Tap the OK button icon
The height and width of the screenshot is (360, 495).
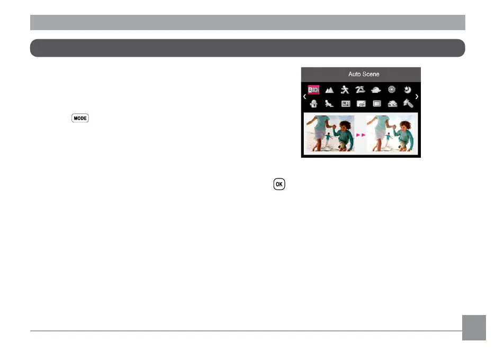pyautogui.click(x=279, y=185)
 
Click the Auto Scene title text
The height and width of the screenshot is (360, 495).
pyautogui.click(x=364, y=74)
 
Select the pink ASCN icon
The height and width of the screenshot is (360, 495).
pyautogui.click(x=313, y=91)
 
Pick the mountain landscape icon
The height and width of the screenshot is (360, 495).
pyautogui.click(x=329, y=91)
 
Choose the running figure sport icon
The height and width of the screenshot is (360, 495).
pyautogui.click(x=345, y=90)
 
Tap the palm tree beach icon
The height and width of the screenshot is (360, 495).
pyautogui.click(x=361, y=90)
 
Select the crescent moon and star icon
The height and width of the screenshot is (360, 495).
pyautogui.click(x=408, y=90)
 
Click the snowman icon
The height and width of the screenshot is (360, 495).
pyautogui.click(x=313, y=104)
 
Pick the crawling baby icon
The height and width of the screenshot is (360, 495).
pyautogui.click(x=329, y=104)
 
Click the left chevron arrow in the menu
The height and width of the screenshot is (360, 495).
pyautogui.click(x=304, y=97)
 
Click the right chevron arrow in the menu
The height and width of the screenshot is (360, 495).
pyautogui.click(x=417, y=97)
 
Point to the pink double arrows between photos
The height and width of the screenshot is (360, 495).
pyautogui.click(x=361, y=136)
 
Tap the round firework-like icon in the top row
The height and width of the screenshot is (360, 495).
pyautogui.click(x=392, y=90)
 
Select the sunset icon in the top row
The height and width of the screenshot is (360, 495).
pyautogui.click(x=376, y=91)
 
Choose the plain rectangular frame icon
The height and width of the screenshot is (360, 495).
pyautogui.click(x=376, y=104)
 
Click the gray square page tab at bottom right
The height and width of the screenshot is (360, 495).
pyautogui.click(x=474, y=328)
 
